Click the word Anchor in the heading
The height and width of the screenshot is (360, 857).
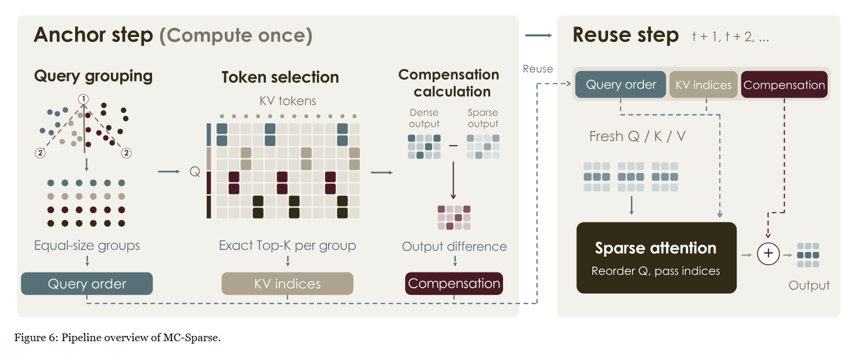coord(69,35)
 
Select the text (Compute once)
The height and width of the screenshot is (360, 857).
coord(236,36)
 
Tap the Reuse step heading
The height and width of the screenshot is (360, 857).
coord(626,35)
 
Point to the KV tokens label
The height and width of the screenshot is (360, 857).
coord(288,101)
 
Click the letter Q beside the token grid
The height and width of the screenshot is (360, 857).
coord(195,171)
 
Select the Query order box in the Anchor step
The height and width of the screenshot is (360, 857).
coord(87,284)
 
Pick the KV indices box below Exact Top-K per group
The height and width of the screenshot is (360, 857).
coord(287,284)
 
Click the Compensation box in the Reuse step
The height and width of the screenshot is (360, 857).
coord(784,85)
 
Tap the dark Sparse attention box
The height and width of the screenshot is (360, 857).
coord(656,258)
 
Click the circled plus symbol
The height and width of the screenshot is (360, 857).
coord(768,254)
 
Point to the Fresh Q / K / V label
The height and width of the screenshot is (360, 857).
coord(637,136)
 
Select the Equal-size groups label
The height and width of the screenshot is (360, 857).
coord(87,245)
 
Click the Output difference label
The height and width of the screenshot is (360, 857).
coord(454,246)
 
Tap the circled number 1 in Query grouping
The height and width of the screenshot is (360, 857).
coord(83,99)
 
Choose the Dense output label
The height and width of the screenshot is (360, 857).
coord(424,118)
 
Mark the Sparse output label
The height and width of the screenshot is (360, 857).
coord(483,118)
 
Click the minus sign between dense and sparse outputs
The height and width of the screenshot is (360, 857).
coord(453,146)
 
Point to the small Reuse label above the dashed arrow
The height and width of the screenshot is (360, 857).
coord(538,69)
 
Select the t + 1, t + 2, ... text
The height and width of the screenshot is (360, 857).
coord(730,37)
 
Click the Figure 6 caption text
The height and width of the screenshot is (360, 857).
coord(117,338)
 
